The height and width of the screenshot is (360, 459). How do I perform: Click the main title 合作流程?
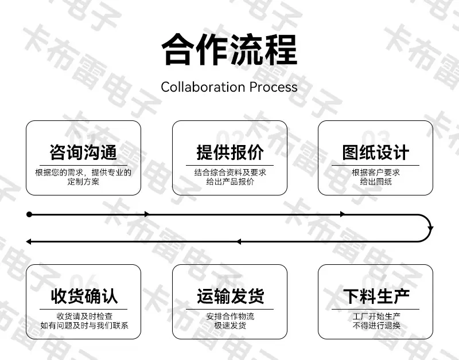coord(229,50)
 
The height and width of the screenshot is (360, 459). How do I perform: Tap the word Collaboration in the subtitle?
coord(203,87)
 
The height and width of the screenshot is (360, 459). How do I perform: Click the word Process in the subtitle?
coord(274,87)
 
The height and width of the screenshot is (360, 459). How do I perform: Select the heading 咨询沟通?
coord(83,152)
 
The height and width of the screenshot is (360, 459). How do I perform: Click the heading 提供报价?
coord(230,152)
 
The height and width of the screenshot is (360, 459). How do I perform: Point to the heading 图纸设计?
coord(376,152)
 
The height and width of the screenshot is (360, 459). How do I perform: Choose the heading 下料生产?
coord(376,296)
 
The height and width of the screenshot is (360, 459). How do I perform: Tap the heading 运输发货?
coord(231,296)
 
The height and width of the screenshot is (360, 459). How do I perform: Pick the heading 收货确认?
coord(84,296)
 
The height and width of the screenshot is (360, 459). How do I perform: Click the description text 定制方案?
coord(83,182)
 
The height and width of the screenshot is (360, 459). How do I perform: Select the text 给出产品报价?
coord(230,182)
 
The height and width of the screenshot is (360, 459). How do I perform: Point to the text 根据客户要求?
coord(376,172)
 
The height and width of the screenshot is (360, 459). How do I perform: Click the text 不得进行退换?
coord(376,326)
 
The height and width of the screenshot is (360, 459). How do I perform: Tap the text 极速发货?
coord(230,326)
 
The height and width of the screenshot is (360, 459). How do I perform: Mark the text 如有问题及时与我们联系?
coord(84,326)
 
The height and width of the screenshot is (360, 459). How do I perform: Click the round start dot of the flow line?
coord(29,214)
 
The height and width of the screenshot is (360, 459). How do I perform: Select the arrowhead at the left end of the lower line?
coord(29,241)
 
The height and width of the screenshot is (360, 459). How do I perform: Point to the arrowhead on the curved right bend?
coord(430,228)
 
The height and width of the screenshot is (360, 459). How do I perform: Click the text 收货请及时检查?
coord(84,316)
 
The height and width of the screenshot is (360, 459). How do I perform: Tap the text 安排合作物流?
coord(230,316)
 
